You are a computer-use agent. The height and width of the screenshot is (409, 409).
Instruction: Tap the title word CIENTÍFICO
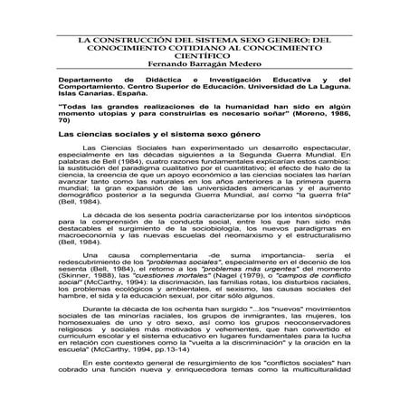coord(204,61)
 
